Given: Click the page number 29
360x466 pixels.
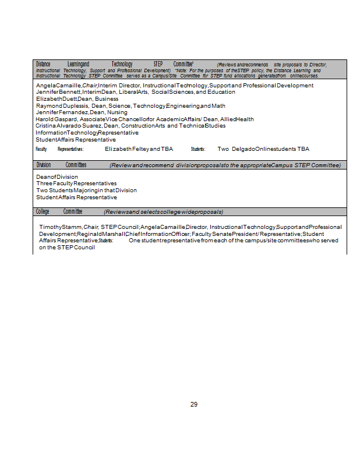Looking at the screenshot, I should tap(194, 404).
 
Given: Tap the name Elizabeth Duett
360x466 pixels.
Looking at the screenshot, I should tap(57, 99).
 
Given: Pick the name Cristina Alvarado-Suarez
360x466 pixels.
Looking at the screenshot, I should tap(68, 126).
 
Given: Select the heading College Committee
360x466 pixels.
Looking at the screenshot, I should tap(59, 211).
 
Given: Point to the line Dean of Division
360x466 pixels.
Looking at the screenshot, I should tap(57, 176).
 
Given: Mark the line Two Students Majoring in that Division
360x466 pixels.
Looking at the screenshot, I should tap(86, 190).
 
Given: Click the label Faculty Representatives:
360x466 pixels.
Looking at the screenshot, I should tap(59, 149).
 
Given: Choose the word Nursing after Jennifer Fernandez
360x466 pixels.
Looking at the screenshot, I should tap(117, 112).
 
